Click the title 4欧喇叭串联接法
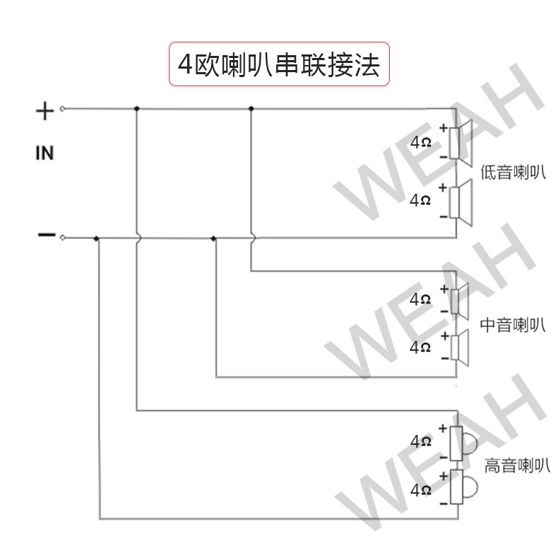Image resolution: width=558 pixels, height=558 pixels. (x=279, y=65)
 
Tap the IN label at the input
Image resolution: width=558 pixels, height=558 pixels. (x=44, y=153)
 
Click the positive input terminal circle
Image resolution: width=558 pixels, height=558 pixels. (x=62, y=109)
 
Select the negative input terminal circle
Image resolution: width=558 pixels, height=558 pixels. (x=62, y=237)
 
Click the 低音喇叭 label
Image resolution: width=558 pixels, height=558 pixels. (x=513, y=173)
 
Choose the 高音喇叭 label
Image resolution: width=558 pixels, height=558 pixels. (x=516, y=465)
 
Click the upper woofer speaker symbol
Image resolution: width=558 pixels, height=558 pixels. (x=462, y=144)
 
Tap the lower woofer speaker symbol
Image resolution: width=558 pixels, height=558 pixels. (x=462, y=203)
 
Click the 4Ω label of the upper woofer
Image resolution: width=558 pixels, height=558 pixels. (x=420, y=142)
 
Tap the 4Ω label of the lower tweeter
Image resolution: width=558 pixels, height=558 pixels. (x=420, y=489)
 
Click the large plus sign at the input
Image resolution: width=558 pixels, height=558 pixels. (x=44, y=110)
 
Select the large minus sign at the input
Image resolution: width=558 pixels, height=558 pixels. (x=45, y=235)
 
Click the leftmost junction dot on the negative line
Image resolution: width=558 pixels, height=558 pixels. (x=97, y=238)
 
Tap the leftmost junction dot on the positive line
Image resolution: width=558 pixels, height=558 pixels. (x=136, y=109)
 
